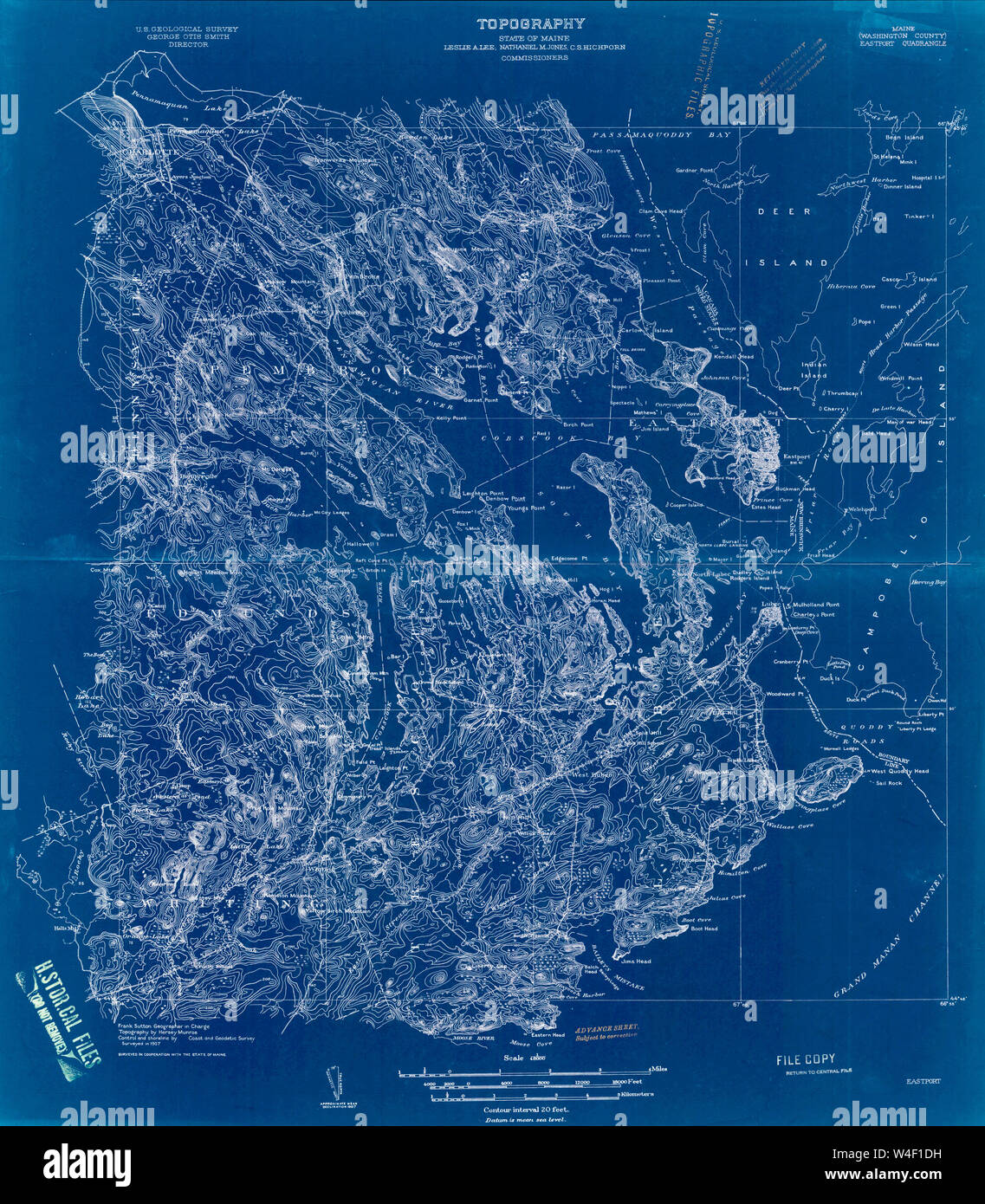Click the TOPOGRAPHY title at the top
pyautogui.click(x=530, y=24)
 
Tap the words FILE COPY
pyautogui.click(x=806, y=1058)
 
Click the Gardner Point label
pyautogui.click(x=698, y=171)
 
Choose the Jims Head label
pyautogui.click(x=635, y=961)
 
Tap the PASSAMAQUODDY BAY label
pyautogui.click(x=663, y=136)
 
